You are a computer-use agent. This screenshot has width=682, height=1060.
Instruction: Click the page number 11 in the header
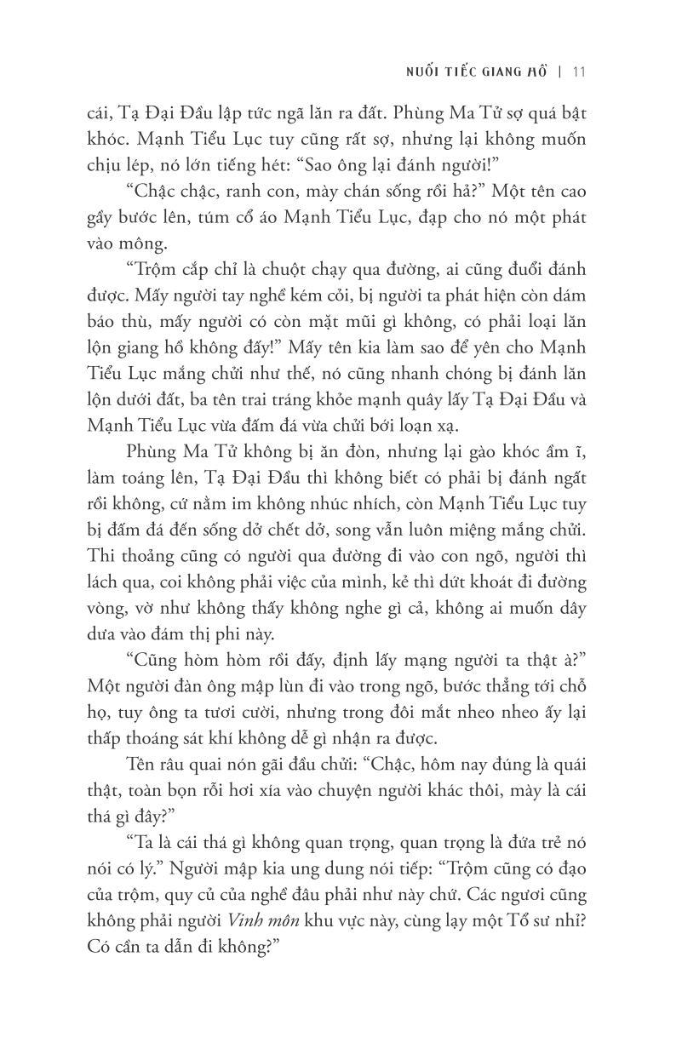click(578, 72)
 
